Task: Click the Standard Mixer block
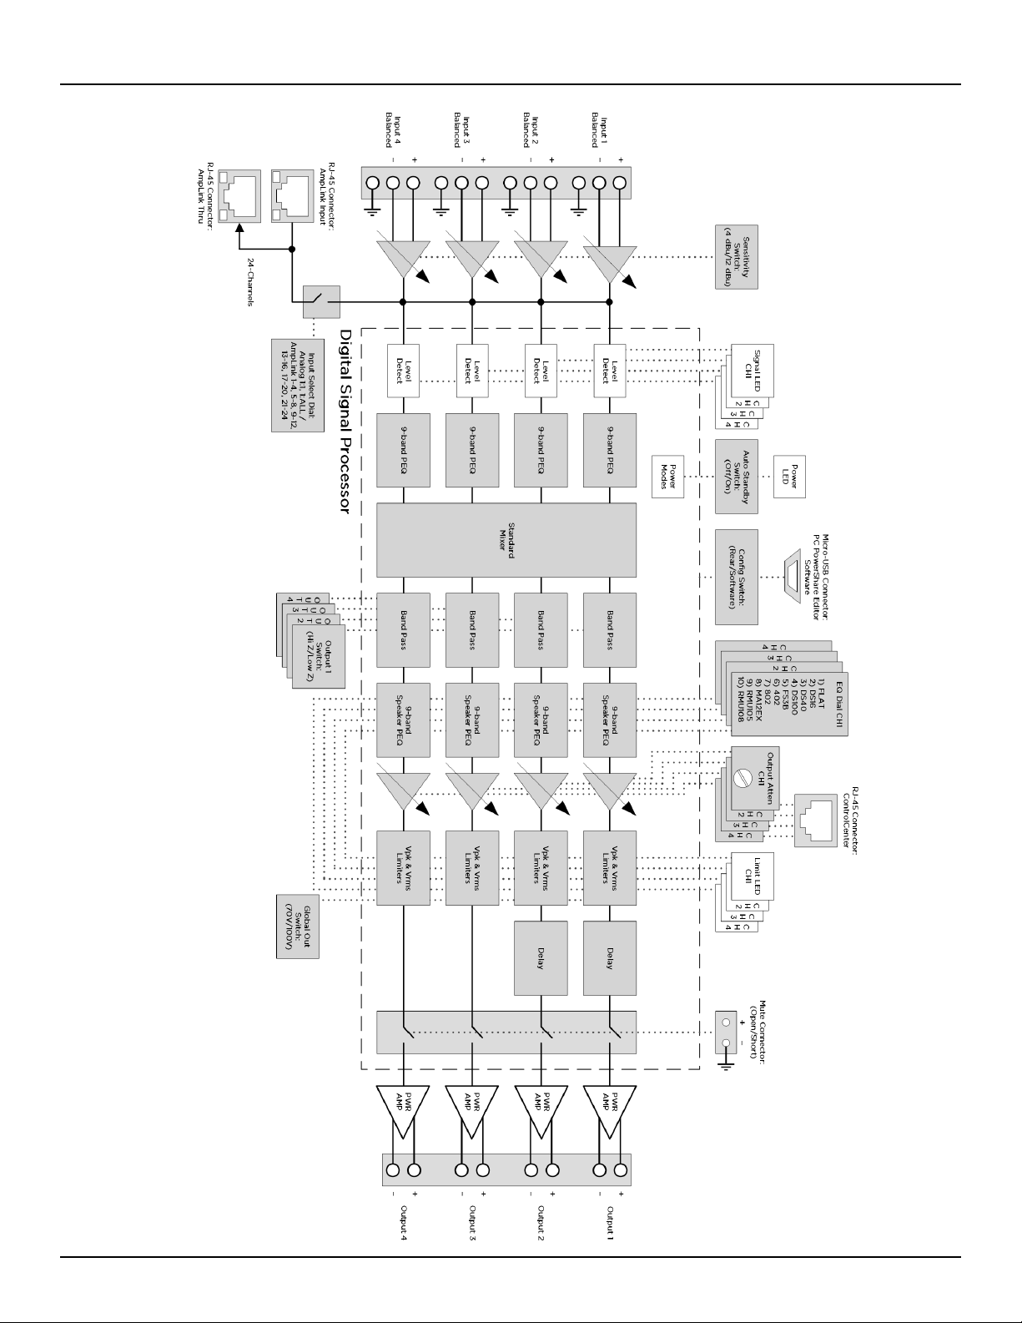coord(506,539)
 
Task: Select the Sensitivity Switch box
coord(737,257)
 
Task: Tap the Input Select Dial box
coord(298,385)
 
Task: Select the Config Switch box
coord(737,577)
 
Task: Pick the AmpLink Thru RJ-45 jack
coord(239,197)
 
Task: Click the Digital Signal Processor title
coord(344,421)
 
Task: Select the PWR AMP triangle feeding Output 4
coord(403,1111)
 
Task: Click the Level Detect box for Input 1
coord(610,371)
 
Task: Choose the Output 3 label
coord(472,1225)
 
